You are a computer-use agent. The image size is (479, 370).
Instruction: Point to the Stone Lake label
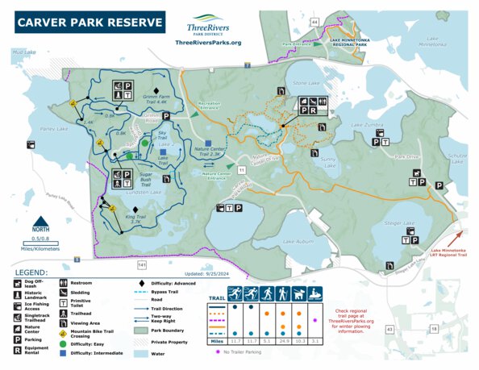306,83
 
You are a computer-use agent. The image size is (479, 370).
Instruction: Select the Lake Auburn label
298,241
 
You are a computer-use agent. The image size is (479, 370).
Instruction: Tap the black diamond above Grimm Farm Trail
156,86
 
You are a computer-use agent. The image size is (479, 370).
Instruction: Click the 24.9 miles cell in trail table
283,342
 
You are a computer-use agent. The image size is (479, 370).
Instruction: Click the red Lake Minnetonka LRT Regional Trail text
452,255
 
